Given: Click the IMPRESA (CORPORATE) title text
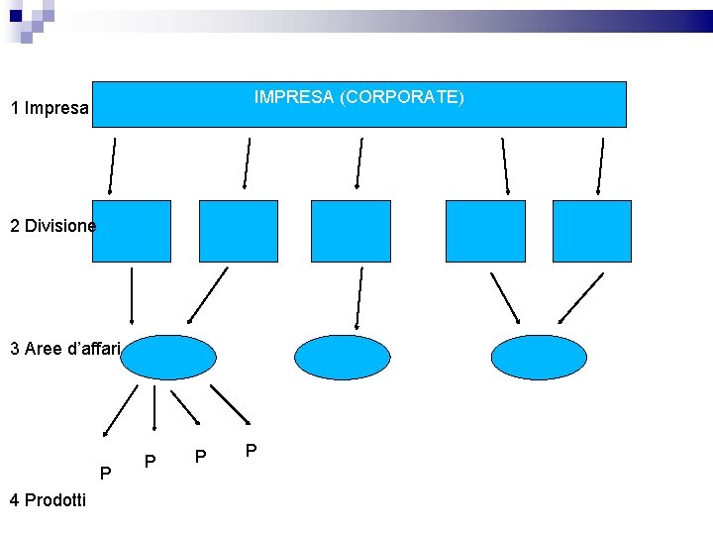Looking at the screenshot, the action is click(358, 98).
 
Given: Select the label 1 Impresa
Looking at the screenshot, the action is click(50, 108).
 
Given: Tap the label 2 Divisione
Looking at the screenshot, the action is click(52, 226).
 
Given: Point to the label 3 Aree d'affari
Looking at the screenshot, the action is click(64, 349).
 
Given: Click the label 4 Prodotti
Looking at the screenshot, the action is click(48, 500).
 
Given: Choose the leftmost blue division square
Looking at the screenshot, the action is click(131, 231).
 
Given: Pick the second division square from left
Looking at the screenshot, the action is click(239, 231).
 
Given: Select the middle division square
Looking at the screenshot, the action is click(351, 231).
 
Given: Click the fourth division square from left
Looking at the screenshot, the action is click(485, 231).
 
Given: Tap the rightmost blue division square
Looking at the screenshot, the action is click(591, 231).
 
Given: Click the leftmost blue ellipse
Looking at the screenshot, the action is click(169, 357).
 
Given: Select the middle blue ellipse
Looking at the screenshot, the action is click(343, 357).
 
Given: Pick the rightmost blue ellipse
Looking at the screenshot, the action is click(540, 357).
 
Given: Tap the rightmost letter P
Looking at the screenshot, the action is click(252, 452).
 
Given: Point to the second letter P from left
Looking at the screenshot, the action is click(150, 462).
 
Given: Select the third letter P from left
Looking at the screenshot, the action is click(201, 457).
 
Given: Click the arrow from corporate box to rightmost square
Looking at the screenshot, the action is click(600, 165).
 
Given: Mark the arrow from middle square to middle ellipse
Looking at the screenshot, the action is click(358, 297).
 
